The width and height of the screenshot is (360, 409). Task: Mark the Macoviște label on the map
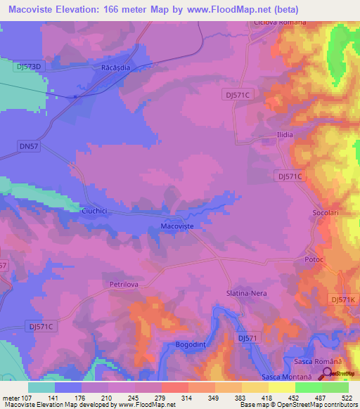point(177,226)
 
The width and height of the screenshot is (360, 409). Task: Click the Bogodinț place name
point(191,344)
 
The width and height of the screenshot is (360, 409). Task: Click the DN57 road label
point(27,145)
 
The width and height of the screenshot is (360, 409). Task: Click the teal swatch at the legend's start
point(41,387)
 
